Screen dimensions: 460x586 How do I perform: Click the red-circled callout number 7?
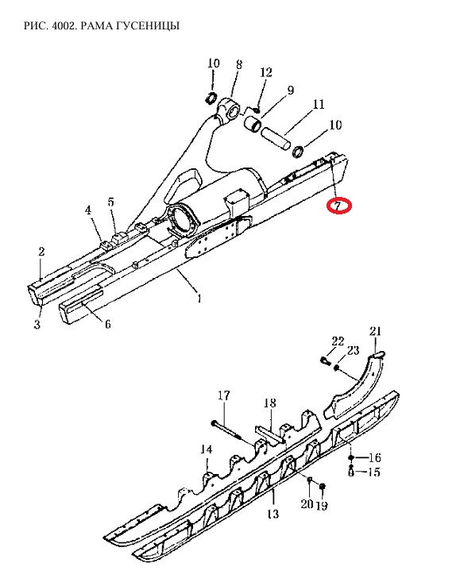[338, 206]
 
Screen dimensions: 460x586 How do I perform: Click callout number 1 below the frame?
[199, 299]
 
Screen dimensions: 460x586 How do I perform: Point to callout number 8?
[239, 64]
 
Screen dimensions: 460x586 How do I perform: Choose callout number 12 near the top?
[266, 72]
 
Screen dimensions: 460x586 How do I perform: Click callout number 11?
[319, 104]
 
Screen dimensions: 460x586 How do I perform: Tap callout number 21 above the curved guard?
[375, 331]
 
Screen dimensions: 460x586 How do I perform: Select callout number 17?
[223, 395]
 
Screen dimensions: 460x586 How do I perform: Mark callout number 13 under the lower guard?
[273, 514]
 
